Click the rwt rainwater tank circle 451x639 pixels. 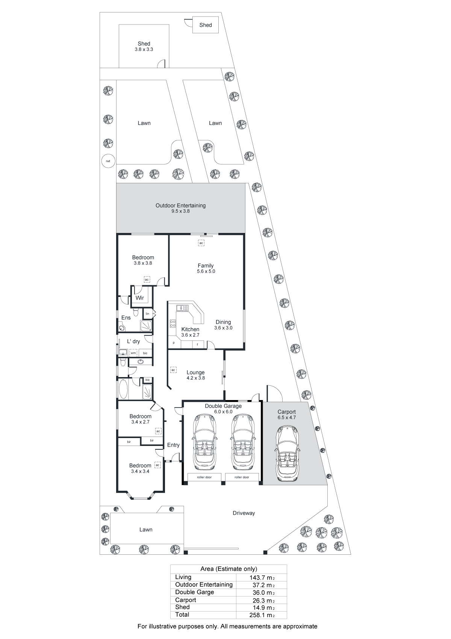(x=108, y=161)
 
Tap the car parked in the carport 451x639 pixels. (x=287, y=453)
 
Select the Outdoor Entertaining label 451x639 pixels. (x=180, y=205)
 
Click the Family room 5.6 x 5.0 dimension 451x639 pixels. (x=206, y=271)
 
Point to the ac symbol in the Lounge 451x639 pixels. (x=173, y=370)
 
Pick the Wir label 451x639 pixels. (x=139, y=298)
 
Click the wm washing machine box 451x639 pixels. (x=133, y=353)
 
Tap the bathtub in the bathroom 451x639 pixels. (x=123, y=388)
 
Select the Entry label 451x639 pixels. (x=173, y=445)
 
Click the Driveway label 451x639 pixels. (x=244, y=513)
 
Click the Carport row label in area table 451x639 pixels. (x=185, y=600)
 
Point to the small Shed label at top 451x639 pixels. (x=206, y=25)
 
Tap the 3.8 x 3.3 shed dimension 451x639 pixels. (x=144, y=49)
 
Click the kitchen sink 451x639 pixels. (x=182, y=308)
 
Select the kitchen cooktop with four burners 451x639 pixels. (x=173, y=324)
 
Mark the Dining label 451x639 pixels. (x=223, y=322)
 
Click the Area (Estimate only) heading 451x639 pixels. (x=229, y=569)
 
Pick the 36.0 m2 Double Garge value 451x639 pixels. (x=262, y=592)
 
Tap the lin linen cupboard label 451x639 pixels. (x=147, y=314)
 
